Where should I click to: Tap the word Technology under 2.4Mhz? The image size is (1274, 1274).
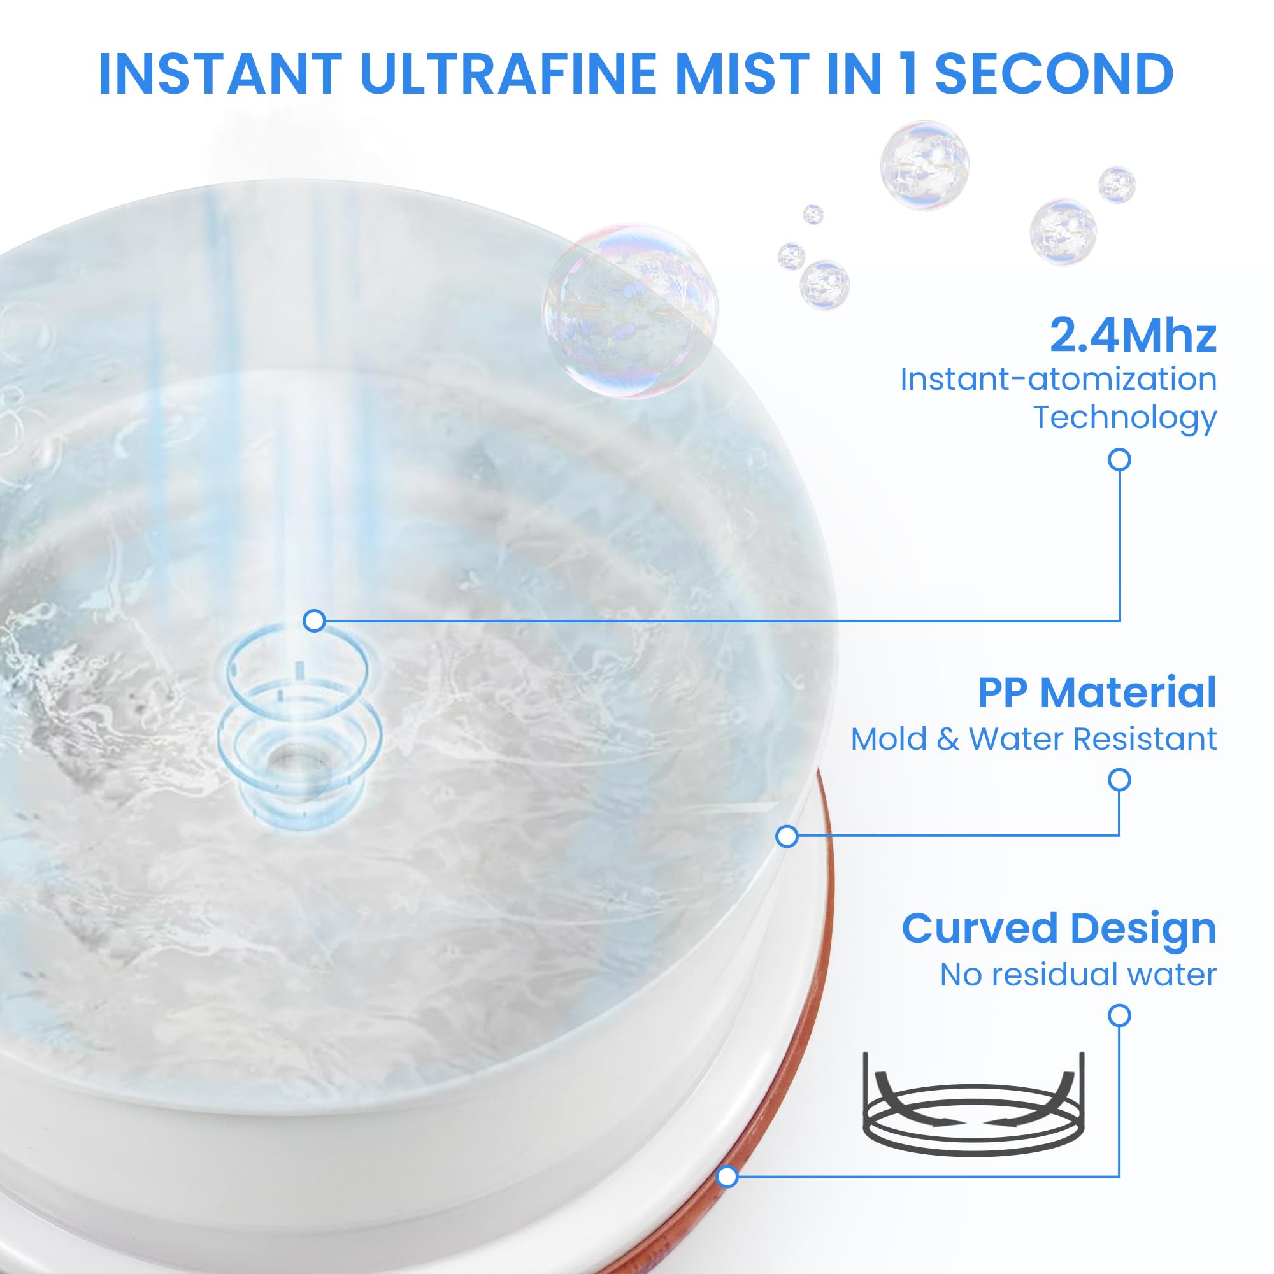[1124, 417]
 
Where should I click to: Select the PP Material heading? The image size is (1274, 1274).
[1097, 693]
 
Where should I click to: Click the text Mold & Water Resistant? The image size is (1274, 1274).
[1034, 739]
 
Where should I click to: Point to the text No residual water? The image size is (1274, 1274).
[1078, 975]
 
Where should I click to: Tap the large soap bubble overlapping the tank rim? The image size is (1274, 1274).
[630, 311]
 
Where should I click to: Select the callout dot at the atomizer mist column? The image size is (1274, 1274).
[315, 620]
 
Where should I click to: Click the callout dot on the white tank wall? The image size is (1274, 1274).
[787, 837]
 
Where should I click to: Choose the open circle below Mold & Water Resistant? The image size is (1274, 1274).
[1119, 780]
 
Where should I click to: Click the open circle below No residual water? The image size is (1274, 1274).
[1119, 1015]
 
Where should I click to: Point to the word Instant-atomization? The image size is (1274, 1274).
[1058, 379]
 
